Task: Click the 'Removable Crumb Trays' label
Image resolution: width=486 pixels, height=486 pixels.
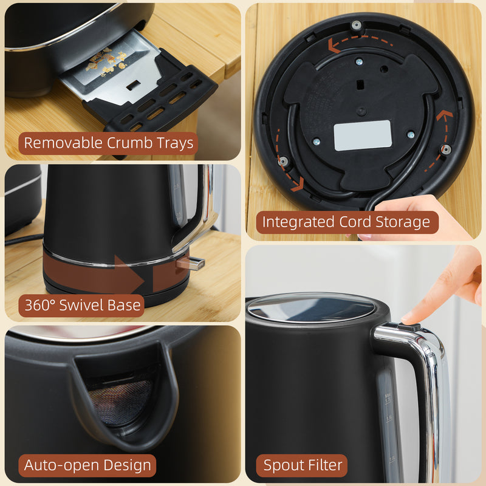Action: [109, 143]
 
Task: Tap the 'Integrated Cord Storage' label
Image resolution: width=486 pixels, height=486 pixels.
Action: [346, 222]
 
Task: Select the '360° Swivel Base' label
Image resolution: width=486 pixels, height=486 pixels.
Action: [83, 305]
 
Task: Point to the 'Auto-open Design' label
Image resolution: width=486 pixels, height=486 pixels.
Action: [87, 466]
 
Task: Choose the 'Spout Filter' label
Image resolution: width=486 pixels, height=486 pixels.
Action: [302, 466]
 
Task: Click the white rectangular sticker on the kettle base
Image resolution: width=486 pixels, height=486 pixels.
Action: [363, 135]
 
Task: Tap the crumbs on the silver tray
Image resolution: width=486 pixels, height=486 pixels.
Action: [106, 61]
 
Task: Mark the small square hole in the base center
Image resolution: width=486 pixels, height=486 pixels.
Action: [361, 84]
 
